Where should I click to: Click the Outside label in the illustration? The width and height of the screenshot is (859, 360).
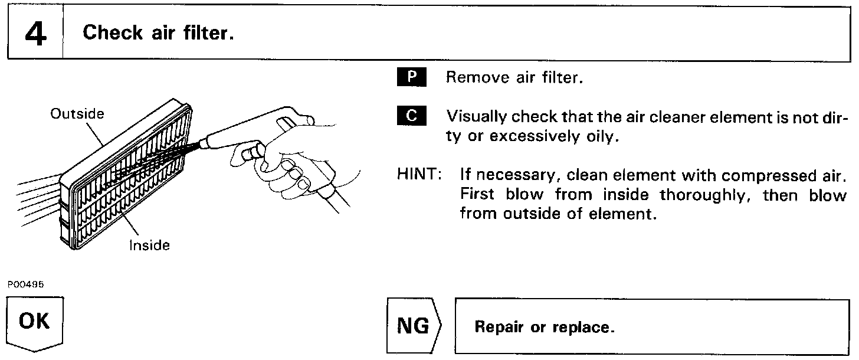pos(77,114)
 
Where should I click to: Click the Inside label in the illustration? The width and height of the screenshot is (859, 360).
pos(149,245)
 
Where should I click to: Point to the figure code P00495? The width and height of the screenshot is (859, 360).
pos(25,284)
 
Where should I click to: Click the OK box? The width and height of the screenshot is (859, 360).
pos(34,322)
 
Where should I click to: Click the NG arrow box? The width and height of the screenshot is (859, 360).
pos(414,326)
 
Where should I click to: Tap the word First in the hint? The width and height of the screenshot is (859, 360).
pos(478,195)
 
